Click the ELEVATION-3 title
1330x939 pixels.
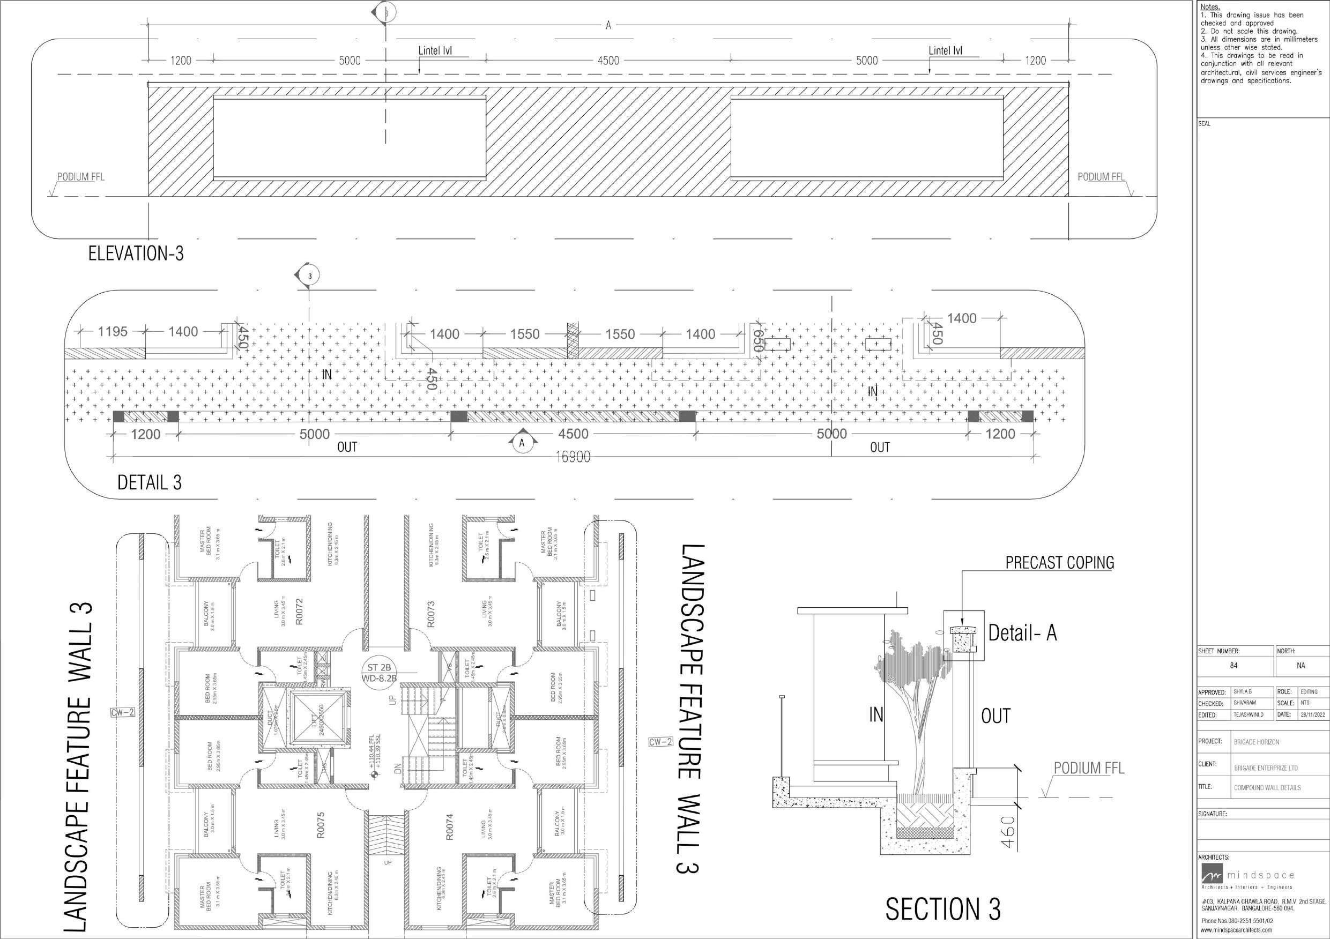tap(136, 254)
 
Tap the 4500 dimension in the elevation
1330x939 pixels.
tap(608, 60)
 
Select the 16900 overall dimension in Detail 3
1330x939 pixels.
tap(573, 457)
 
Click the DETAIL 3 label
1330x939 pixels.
tap(150, 482)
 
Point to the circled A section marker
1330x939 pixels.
tap(522, 443)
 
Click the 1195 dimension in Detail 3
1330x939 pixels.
tap(113, 332)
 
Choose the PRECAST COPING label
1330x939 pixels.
tap(1059, 562)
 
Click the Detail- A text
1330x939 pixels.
tap(1022, 633)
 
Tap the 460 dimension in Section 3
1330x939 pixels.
tap(1007, 833)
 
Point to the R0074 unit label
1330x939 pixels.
tap(450, 826)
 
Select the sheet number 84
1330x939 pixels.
tap(1234, 666)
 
